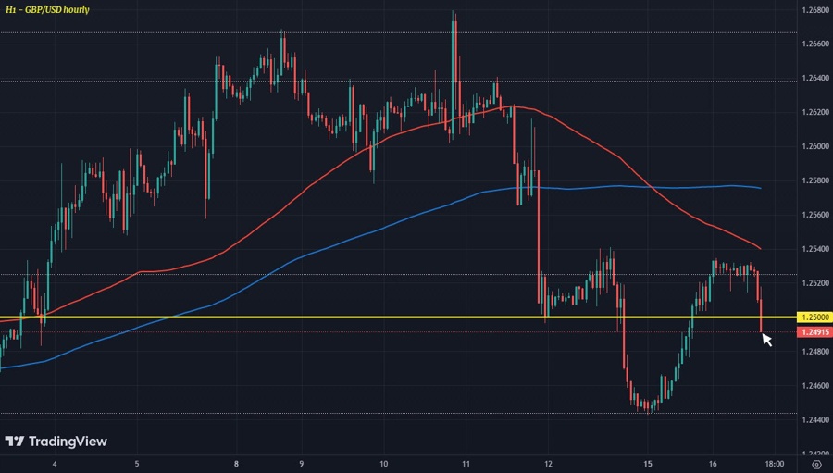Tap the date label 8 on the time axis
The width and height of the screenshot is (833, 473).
point(237,463)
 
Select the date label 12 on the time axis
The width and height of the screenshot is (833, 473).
point(549,463)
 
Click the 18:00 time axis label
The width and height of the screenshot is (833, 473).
point(774,463)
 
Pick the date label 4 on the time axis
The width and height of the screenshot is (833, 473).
point(56,463)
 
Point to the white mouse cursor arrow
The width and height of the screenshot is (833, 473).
point(766,339)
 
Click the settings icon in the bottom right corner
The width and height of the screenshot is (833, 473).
point(815,463)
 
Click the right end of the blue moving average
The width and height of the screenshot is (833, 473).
point(761,188)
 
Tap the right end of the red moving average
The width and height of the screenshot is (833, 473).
point(761,248)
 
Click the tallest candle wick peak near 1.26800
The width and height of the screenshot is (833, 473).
point(454,12)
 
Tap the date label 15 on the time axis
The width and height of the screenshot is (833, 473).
point(648,463)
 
